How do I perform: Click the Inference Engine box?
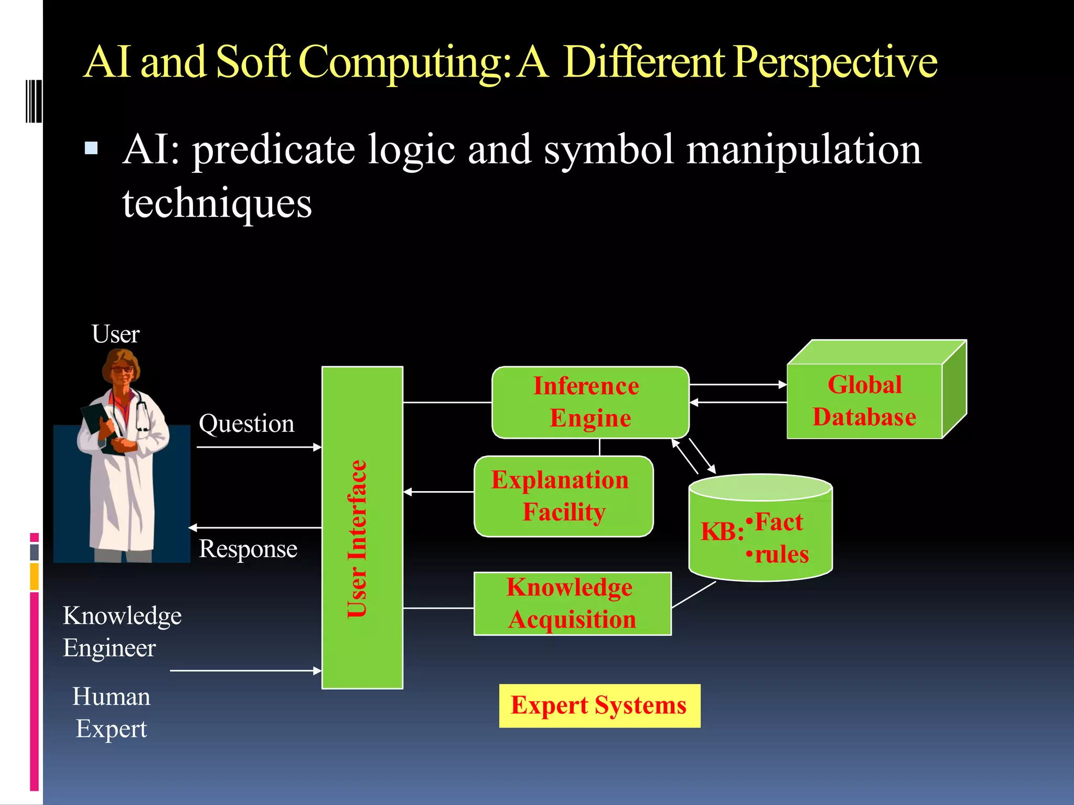pos(590,402)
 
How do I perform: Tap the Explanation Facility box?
pos(563,496)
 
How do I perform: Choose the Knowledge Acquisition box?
pos(572,603)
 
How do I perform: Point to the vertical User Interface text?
pos(358,538)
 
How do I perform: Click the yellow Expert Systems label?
pos(599,705)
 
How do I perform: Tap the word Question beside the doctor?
pos(246,423)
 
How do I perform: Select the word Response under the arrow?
pos(248,549)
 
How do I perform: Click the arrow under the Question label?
pos(259,447)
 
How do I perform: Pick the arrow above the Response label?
pos(255,527)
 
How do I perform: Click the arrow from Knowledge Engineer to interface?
pos(245,670)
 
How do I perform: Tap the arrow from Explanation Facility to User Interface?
pos(438,492)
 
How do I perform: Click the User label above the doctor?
pos(115,334)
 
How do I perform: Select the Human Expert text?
pos(111,712)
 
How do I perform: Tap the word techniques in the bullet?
pos(217,203)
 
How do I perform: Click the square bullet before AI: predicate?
pos(91,148)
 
